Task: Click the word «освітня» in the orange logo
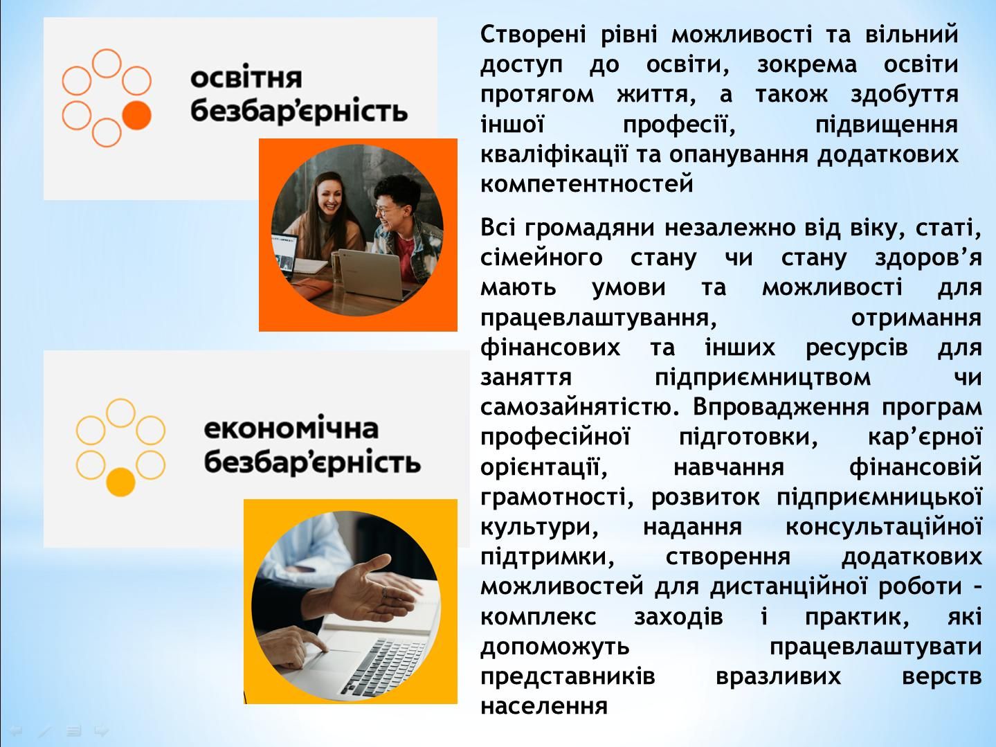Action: click(x=246, y=78)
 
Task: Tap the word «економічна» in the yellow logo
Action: click(x=291, y=429)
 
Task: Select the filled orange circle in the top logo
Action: click(x=136, y=116)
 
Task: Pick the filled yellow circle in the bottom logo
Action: click(x=120, y=482)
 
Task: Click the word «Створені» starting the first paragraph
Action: click(x=533, y=34)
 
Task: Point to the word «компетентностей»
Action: click(x=587, y=183)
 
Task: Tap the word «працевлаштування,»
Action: click(x=599, y=318)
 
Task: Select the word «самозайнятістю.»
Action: click(x=580, y=407)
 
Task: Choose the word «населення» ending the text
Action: click(x=543, y=705)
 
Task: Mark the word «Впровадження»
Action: click(x=781, y=408)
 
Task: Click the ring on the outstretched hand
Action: click(x=384, y=592)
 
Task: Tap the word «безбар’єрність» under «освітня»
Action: click(x=299, y=111)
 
